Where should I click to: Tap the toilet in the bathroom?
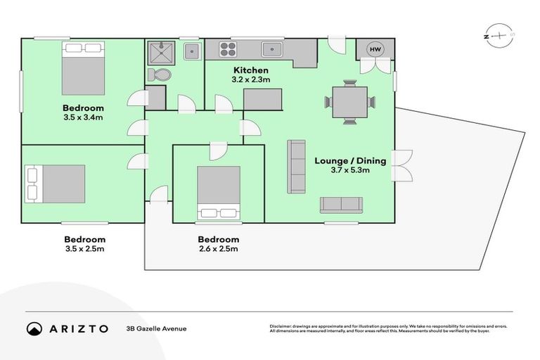pyautogui.click(x=160, y=75)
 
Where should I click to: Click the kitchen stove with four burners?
pyautogui.click(x=228, y=50)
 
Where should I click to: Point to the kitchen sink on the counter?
pyautogui.click(x=272, y=50)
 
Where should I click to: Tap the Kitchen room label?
pyautogui.click(x=251, y=70)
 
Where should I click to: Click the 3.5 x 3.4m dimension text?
pyautogui.click(x=83, y=117)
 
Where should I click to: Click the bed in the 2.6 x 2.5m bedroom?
pyautogui.click(x=218, y=192)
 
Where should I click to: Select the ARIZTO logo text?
pyautogui.click(x=77, y=328)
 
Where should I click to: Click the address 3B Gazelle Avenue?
pyautogui.click(x=156, y=328)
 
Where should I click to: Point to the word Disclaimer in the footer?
pyautogui.click(x=282, y=326)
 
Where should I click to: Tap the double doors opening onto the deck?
pyautogui.click(x=401, y=167)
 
